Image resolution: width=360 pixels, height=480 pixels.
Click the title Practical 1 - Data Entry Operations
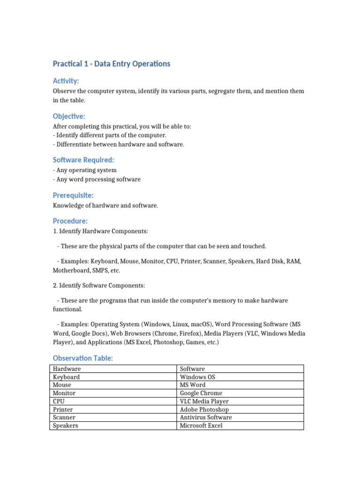(x=112, y=64)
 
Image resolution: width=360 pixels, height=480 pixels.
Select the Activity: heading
(x=66, y=81)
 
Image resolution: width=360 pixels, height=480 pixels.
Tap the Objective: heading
(x=69, y=116)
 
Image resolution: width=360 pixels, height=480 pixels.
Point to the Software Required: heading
(x=83, y=160)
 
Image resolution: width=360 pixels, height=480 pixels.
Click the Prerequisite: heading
(x=73, y=195)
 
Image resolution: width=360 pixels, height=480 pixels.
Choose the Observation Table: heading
(x=83, y=358)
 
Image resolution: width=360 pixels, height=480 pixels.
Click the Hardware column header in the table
(x=67, y=369)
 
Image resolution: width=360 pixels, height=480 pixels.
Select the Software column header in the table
(x=192, y=369)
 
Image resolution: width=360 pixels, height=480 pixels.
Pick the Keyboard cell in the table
(x=66, y=377)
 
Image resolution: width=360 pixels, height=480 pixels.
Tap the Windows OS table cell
(x=197, y=377)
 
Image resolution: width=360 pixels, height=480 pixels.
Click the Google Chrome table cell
(x=201, y=393)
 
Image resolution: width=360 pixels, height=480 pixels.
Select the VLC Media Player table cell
(x=204, y=401)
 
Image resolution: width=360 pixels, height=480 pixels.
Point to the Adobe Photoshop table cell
(x=204, y=410)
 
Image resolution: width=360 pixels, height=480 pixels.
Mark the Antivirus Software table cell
(x=206, y=417)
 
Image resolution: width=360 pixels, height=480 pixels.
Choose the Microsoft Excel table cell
(x=201, y=426)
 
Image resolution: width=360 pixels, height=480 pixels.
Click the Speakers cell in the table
(x=66, y=426)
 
